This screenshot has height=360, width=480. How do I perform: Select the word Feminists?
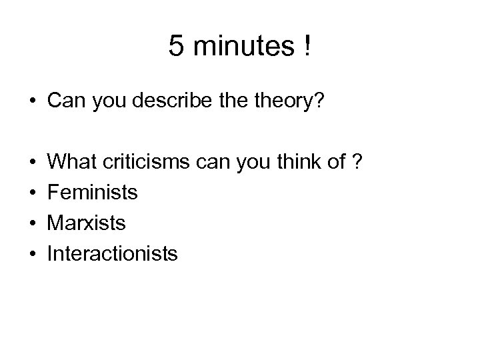point(93,193)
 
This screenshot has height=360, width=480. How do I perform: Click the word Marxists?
point(87,223)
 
